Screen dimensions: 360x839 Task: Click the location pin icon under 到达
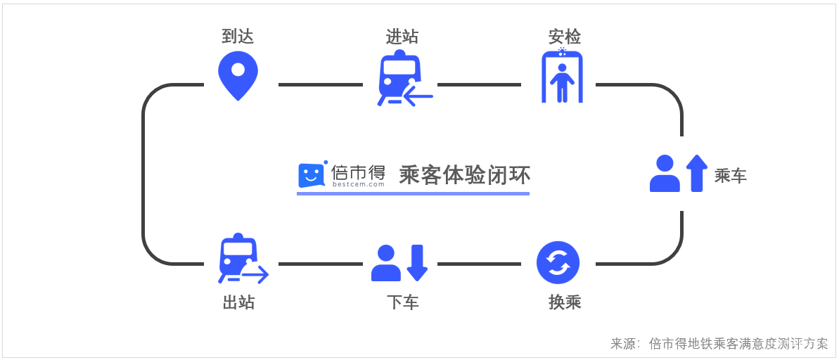[x=238, y=74]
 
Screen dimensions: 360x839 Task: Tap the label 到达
[x=238, y=36]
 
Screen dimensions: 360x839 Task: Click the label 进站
[x=402, y=36]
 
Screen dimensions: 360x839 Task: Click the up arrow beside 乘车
[x=696, y=172]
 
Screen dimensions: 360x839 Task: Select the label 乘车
[x=731, y=176]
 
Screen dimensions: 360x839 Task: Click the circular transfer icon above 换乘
[x=558, y=263]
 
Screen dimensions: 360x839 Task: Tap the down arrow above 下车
[x=417, y=262]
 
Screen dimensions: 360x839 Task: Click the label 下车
[x=402, y=303]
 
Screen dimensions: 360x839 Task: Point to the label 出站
[x=238, y=303]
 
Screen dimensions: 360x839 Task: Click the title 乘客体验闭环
[x=464, y=174]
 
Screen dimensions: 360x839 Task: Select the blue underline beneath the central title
[x=413, y=193]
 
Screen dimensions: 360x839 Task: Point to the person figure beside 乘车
[x=665, y=174]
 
